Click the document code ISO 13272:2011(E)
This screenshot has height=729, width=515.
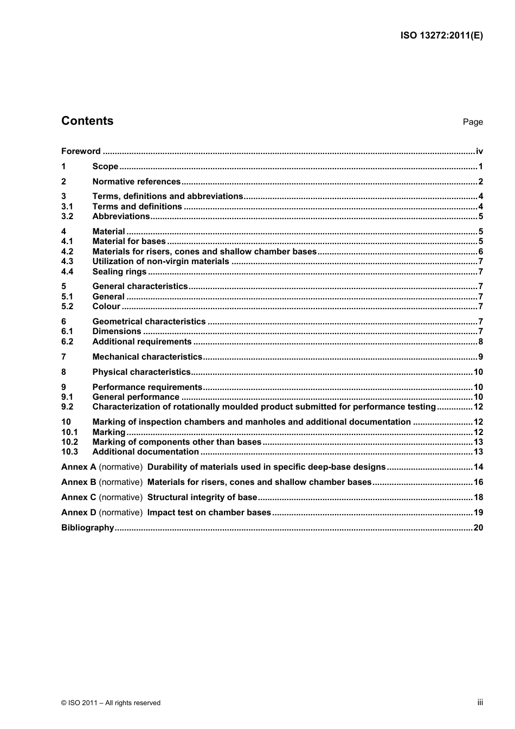(x=441, y=36)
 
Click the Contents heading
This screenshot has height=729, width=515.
(x=87, y=121)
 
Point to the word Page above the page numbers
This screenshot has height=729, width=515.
(x=473, y=122)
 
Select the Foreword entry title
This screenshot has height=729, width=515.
(x=81, y=151)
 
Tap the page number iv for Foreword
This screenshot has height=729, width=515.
(x=479, y=151)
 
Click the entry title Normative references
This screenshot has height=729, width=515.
(x=136, y=182)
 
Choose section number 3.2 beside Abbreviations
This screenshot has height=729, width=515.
(x=67, y=216)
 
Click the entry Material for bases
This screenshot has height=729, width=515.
(x=129, y=241)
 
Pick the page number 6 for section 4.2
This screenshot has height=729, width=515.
(x=480, y=252)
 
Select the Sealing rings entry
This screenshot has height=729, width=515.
(x=119, y=272)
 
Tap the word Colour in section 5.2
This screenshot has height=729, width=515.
(x=106, y=306)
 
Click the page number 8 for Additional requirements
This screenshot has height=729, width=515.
(x=480, y=342)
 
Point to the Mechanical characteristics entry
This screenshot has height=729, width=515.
(x=147, y=357)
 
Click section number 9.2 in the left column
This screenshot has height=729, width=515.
(x=67, y=407)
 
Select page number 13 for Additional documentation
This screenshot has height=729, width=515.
(x=478, y=452)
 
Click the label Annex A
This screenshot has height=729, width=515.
(x=79, y=467)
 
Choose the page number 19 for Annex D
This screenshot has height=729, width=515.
(x=478, y=513)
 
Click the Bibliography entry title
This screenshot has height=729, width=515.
(x=87, y=528)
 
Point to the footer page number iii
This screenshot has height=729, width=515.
(x=480, y=702)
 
